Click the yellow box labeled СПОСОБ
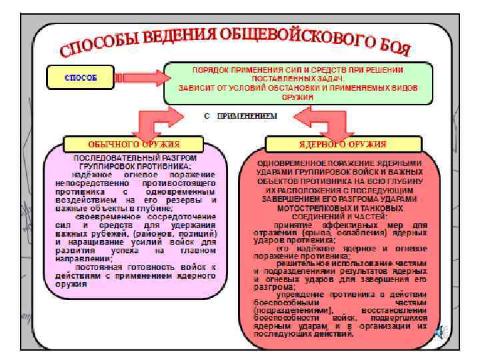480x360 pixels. pos(79,77)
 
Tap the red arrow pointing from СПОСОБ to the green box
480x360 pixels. pos(137,78)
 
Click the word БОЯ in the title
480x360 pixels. pos(392,47)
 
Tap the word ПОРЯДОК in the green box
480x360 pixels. pos(211,69)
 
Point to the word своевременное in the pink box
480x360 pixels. pos(107,217)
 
